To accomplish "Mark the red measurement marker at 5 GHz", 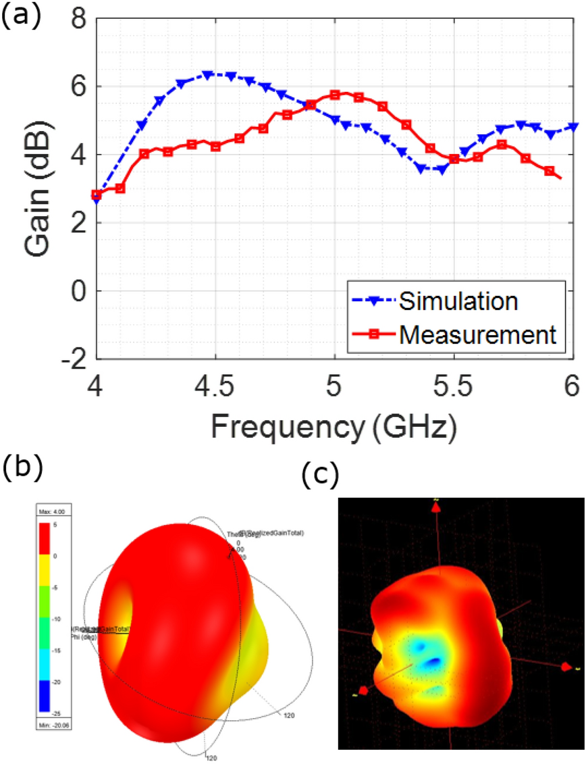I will click(x=335, y=95).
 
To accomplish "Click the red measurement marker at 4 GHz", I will click(x=97, y=195).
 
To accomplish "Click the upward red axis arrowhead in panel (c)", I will click(x=435, y=505).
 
